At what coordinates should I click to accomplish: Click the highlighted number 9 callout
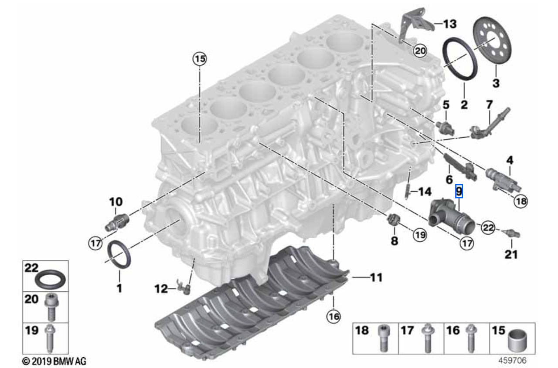point(459,191)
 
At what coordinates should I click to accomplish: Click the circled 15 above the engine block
point(200,59)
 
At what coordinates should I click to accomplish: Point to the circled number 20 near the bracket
point(420,51)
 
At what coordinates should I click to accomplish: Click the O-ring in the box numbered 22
point(50,280)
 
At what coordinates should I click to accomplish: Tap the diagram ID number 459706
point(513,361)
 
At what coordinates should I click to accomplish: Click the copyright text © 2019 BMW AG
point(54,361)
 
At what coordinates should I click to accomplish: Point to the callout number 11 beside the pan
point(376,278)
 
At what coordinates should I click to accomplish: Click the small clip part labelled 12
point(184,287)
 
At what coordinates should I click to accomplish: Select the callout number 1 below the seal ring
point(119,288)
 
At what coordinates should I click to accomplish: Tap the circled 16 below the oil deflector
point(333,317)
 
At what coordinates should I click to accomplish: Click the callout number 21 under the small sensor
point(511,254)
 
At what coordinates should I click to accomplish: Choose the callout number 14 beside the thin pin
point(425,192)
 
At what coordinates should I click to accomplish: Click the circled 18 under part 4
point(521,201)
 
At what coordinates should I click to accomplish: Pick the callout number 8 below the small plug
point(395,240)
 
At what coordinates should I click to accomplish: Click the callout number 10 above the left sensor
point(116,202)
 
